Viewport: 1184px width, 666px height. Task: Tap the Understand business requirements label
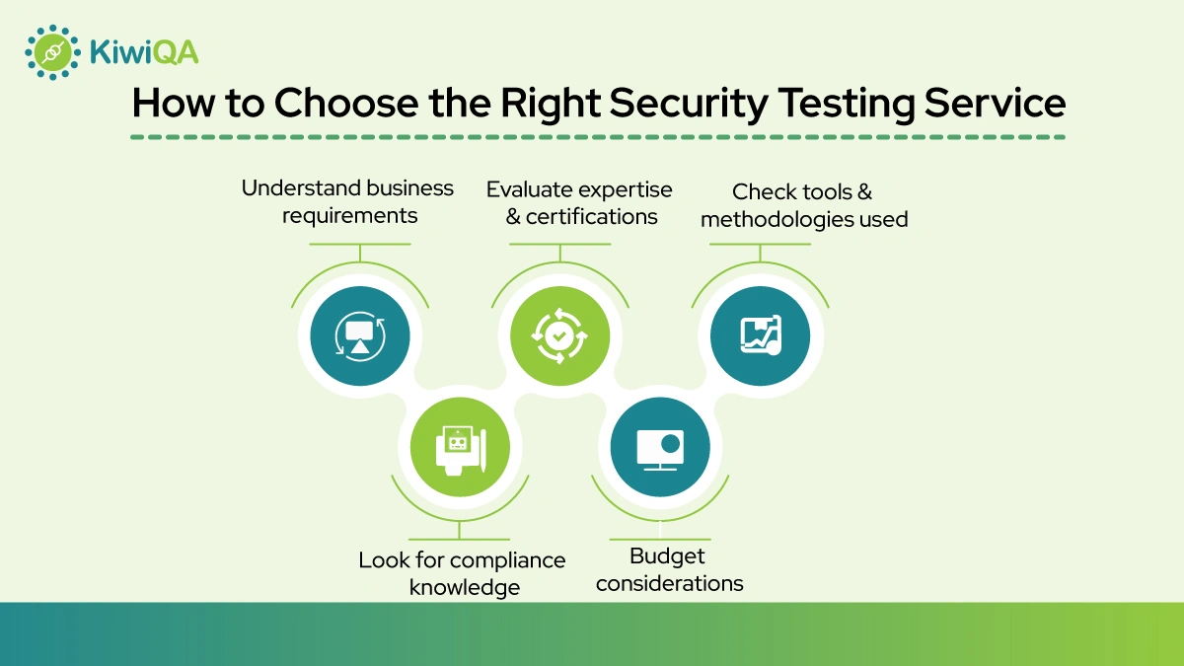pyautogui.click(x=348, y=200)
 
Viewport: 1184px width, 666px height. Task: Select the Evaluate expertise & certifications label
pyautogui.click(x=579, y=202)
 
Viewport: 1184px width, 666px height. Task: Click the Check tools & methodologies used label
pyautogui.click(x=803, y=205)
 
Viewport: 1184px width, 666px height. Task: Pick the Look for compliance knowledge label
pyautogui.click(x=462, y=573)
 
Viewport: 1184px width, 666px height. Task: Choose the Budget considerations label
pyautogui.click(x=669, y=569)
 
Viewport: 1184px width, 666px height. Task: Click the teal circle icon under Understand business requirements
pyautogui.click(x=359, y=334)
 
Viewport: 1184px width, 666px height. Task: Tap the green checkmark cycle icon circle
pyautogui.click(x=559, y=334)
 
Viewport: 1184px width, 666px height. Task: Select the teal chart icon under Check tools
pyautogui.click(x=760, y=334)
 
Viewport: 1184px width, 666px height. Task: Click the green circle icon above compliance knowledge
pyautogui.click(x=460, y=449)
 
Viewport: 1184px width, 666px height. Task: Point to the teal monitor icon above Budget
pyautogui.click(x=659, y=449)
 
